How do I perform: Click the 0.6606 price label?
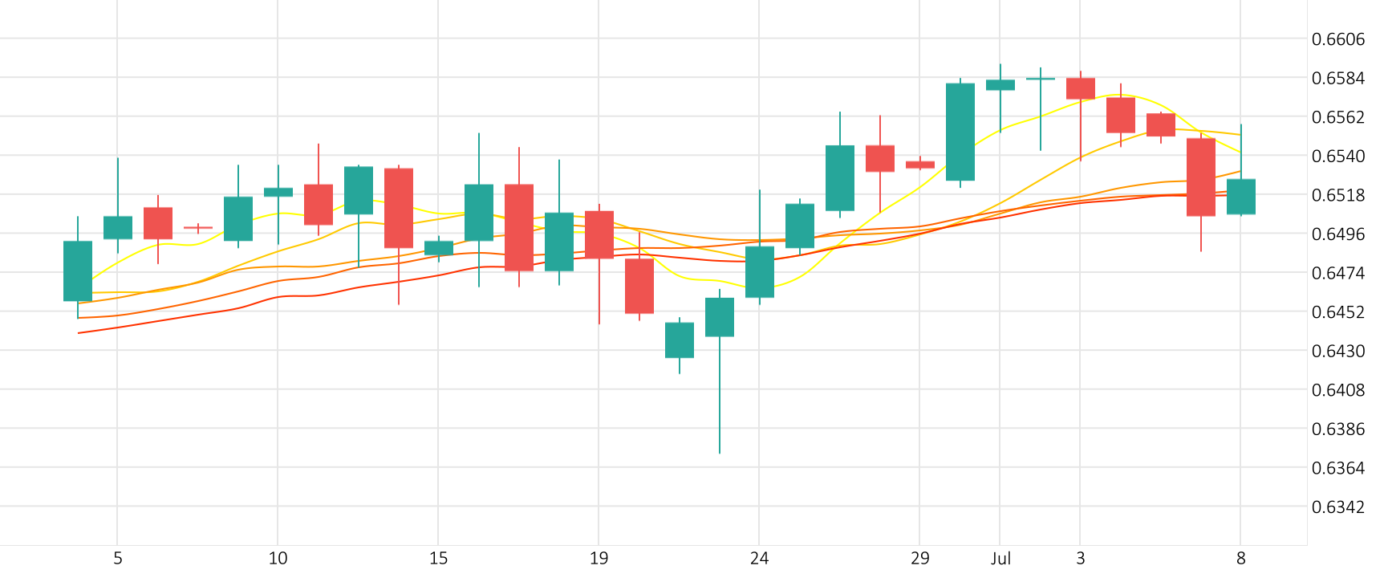[1337, 39]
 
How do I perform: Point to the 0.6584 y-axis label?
[1337, 78]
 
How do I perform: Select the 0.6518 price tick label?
[1337, 195]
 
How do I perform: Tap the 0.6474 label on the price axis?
[1337, 273]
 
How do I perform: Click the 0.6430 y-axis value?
[1337, 351]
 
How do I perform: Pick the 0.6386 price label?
[1337, 429]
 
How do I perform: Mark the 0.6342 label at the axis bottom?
[1337, 507]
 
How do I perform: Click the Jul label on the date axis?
[1000, 559]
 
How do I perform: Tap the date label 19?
[599, 559]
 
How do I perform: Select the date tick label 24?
[759, 559]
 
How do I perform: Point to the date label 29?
[919, 559]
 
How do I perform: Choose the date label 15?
[438, 559]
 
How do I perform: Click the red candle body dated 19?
[599, 234]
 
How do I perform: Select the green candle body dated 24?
[760, 271]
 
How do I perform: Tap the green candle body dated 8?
[1241, 197]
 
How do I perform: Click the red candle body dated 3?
[1081, 88]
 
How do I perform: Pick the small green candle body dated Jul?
[1000, 84]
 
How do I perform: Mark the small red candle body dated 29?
[920, 165]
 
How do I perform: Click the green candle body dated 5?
[118, 227]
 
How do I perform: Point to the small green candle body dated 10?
[278, 192]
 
